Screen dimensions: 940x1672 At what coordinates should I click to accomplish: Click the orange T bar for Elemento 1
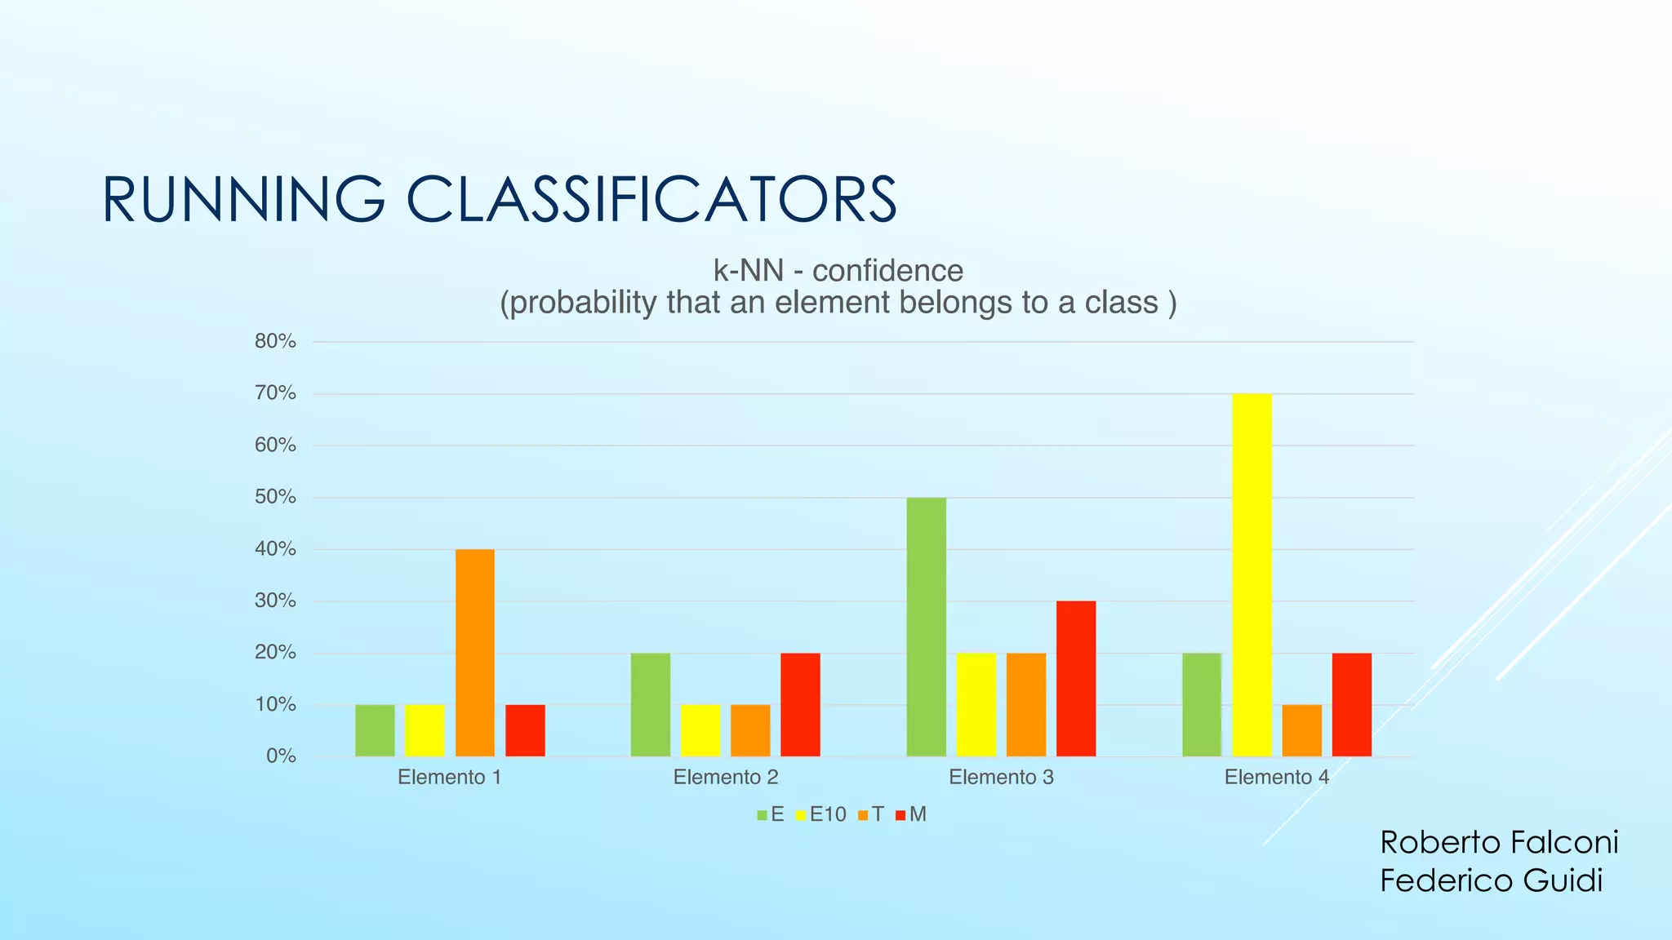pos(475,653)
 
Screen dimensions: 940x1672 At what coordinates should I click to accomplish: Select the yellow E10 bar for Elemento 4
pos(1252,575)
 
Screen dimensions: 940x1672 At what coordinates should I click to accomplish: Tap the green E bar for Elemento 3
pos(926,627)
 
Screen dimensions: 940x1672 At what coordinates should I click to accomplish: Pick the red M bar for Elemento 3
pos(1076,679)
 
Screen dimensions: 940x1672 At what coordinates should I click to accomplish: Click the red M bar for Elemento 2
pos(800,704)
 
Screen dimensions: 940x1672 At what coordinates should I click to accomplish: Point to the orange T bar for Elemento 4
pos(1301,730)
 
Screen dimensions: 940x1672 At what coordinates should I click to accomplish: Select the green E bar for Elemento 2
pos(650,704)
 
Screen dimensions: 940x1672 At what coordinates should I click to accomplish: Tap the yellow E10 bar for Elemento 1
pos(425,730)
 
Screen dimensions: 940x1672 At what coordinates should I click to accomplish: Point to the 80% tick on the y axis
pos(275,342)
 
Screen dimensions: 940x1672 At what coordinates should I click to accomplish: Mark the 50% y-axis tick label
pos(275,497)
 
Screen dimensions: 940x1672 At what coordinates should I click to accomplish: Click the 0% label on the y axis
pos(281,756)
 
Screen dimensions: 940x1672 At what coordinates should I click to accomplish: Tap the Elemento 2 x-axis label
pos(725,778)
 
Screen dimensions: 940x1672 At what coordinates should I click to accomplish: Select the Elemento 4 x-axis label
pos(1276,778)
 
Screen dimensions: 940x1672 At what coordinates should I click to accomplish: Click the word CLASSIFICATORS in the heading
pos(651,200)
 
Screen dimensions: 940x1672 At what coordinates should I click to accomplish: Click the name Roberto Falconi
pos(1499,842)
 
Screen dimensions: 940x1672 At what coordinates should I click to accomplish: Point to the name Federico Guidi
pos(1491,881)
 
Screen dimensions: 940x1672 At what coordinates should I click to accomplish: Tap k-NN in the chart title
pos(748,271)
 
